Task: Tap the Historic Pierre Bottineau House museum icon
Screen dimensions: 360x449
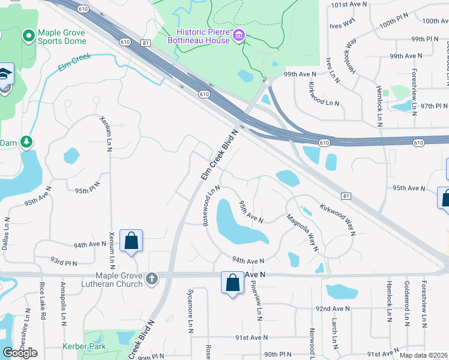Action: click(x=240, y=36)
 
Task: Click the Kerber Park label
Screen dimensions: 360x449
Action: click(x=84, y=346)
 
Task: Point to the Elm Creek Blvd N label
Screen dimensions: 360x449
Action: click(x=219, y=157)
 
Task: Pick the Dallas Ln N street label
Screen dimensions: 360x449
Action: click(x=5, y=234)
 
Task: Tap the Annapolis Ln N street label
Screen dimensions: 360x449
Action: click(x=64, y=310)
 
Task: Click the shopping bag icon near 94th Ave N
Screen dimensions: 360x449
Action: click(x=131, y=242)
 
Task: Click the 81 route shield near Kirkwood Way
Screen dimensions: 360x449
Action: click(x=345, y=196)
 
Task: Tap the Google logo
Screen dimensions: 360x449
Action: click(x=20, y=352)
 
